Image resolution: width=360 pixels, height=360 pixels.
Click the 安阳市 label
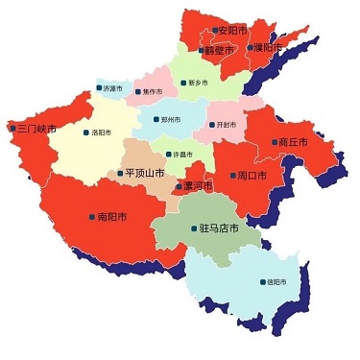point(232,31)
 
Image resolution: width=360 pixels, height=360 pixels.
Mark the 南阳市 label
point(112,217)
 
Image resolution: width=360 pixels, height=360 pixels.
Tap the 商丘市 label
point(292,141)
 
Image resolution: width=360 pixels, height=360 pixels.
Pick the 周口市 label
point(251,176)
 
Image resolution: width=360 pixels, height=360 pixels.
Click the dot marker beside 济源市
point(98,88)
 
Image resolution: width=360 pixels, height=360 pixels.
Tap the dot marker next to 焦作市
point(136,92)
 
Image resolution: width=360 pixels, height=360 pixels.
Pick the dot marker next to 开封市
point(212,125)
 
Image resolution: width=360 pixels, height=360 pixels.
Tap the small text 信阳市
point(276,282)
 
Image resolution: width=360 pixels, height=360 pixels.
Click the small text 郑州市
point(170,120)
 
